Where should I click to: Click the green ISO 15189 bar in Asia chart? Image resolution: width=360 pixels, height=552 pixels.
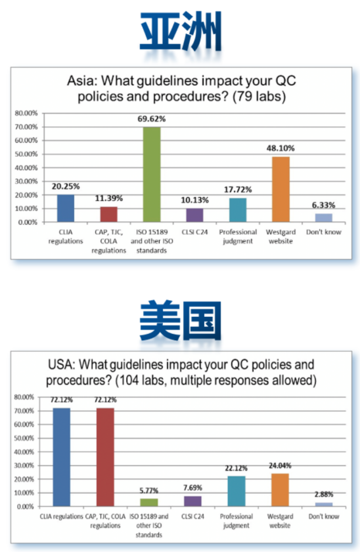click(x=152, y=174)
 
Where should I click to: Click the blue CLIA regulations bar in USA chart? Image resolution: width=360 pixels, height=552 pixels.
click(x=62, y=456)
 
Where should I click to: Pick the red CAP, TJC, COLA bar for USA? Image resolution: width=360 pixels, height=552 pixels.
click(x=105, y=456)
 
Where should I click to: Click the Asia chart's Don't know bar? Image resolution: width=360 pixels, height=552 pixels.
click(x=324, y=218)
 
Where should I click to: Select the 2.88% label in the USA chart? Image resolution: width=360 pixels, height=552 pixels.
click(x=323, y=495)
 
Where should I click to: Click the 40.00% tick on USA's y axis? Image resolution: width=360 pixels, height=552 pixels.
click(x=26, y=452)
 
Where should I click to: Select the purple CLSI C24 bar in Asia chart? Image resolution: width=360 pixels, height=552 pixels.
click(x=195, y=215)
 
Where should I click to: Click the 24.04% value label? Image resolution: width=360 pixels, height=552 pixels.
click(x=280, y=466)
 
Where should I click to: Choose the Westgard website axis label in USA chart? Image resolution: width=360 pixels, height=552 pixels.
click(x=280, y=520)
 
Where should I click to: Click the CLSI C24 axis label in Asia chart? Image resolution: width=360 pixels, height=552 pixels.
click(x=195, y=232)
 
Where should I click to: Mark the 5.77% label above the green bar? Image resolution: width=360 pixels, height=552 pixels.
click(x=149, y=490)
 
